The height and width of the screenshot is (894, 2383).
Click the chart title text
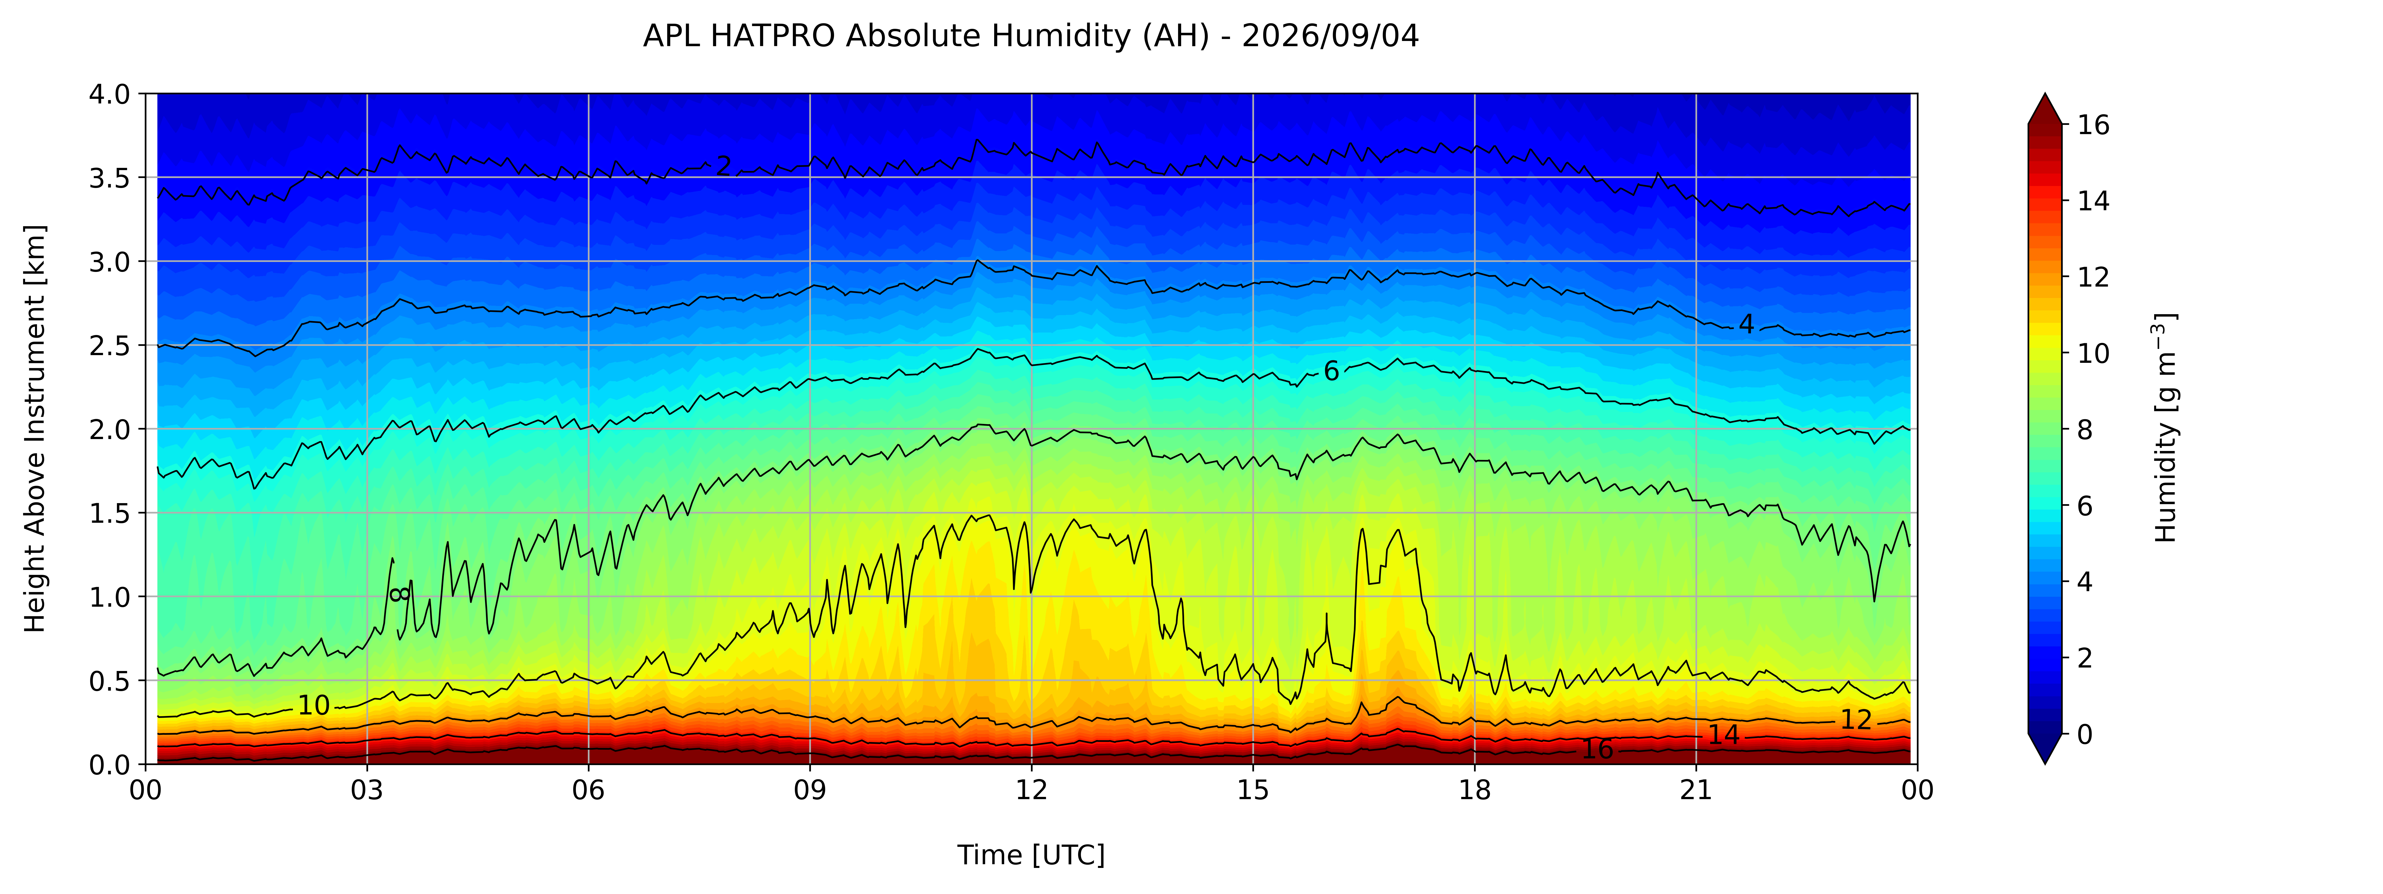coord(1031,36)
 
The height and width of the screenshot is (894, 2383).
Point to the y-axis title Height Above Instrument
coord(35,428)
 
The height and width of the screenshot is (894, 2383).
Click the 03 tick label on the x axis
coord(367,790)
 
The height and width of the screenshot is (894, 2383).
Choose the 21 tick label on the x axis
coord(1696,790)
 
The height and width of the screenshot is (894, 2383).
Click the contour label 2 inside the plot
coord(723,166)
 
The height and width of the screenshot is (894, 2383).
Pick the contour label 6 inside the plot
coord(1331,371)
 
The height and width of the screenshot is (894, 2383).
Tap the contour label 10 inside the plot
coord(314,705)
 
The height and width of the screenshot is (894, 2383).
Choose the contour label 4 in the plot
coord(1746,324)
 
